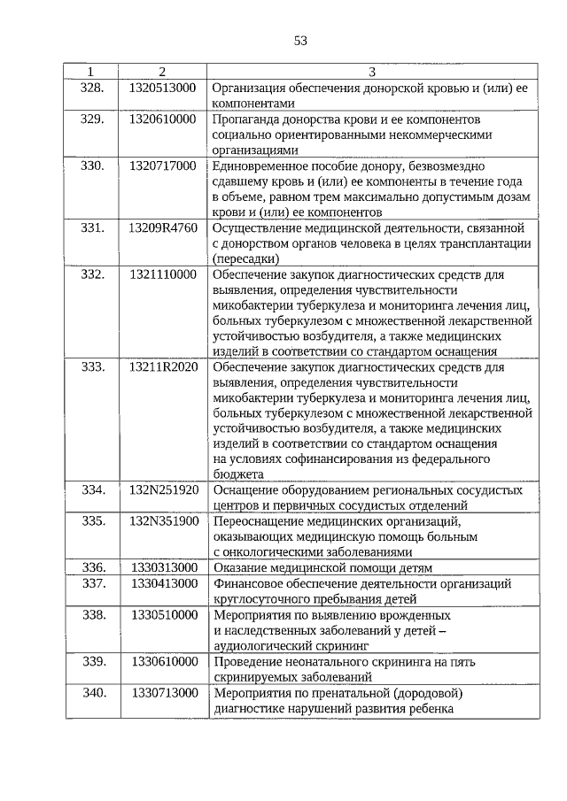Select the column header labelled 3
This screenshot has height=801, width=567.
pyautogui.click(x=372, y=71)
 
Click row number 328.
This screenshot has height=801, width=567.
pyautogui.click(x=93, y=87)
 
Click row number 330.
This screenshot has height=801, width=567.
pyautogui.click(x=93, y=166)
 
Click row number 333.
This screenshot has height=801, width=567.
pyautogui.click(x=93, y=366)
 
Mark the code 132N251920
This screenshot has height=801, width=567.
pyautogui.click(x=164, y=489)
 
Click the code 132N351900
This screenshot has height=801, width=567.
pyautogui.click(x=164, y=520)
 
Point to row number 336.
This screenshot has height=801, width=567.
pyautogui.click(x=93, y=567)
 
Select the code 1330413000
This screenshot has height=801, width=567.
pyautogui.click(x=164, y=583)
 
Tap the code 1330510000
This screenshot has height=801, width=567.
pyautogui.click(x=164, y=614)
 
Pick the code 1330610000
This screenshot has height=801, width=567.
pyautogui.click(x=164, y=661)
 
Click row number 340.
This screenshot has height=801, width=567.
pyautogui.click(x=93, y=692)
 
